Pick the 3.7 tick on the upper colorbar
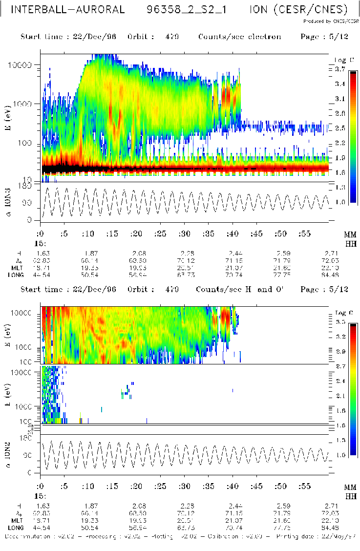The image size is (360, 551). [x=340, y=69]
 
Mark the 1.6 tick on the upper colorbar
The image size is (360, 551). [x=340, y=172]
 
